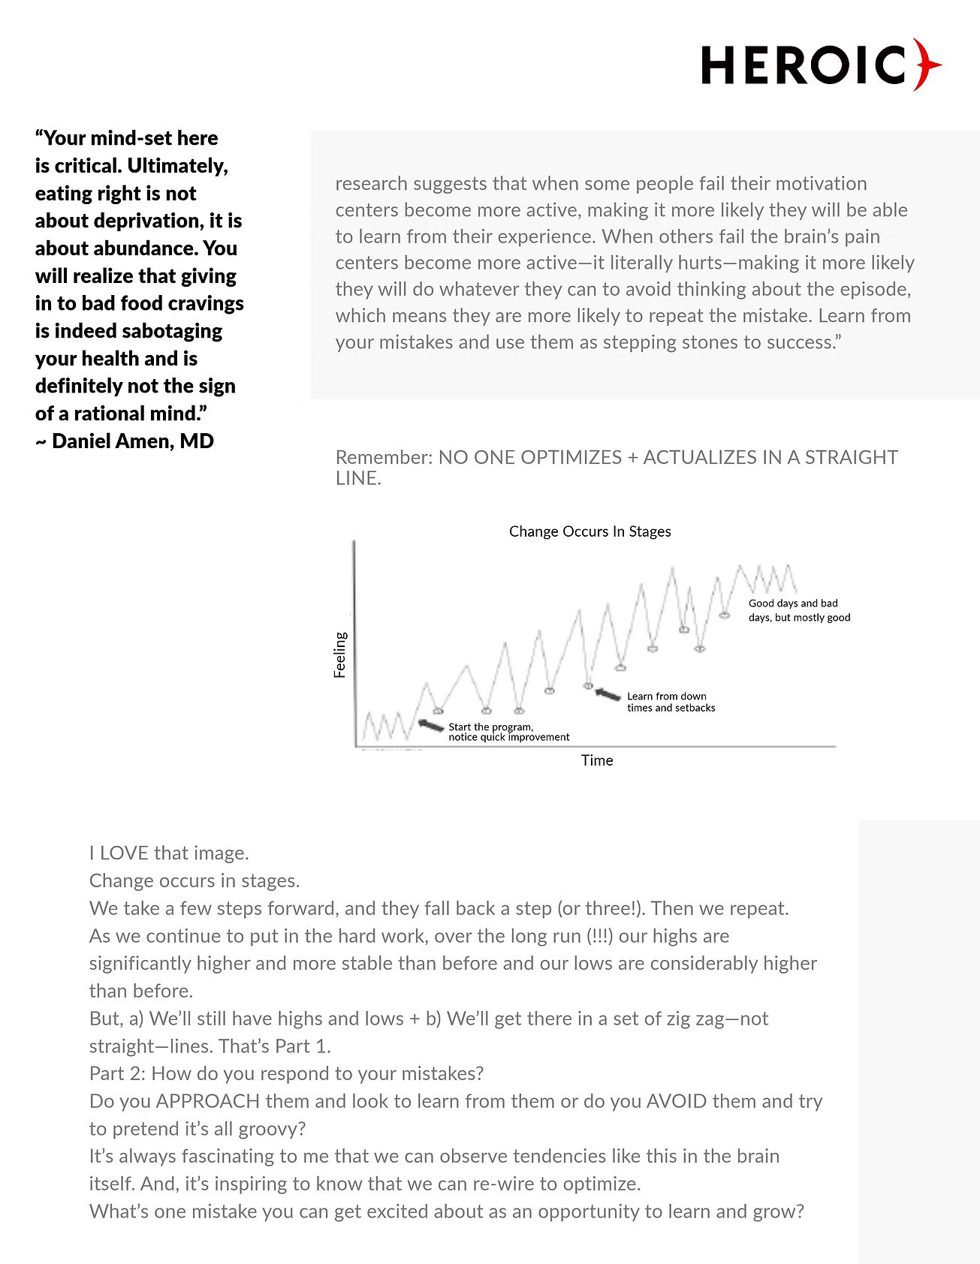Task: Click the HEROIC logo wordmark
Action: click(804, 65)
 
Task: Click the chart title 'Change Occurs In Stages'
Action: click(590, 531)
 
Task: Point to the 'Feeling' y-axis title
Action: click(340, 655)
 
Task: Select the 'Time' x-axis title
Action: click(597, 760)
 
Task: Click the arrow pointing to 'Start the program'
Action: click(430, 725)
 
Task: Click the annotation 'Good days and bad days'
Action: click(799, 610)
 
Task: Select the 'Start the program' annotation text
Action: click(508, 732)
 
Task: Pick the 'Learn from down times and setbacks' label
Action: click(671, 702)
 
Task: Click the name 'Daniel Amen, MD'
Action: click(133, 441)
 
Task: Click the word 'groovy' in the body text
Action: click(267, 1129)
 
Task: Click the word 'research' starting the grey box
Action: click(371, 184)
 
